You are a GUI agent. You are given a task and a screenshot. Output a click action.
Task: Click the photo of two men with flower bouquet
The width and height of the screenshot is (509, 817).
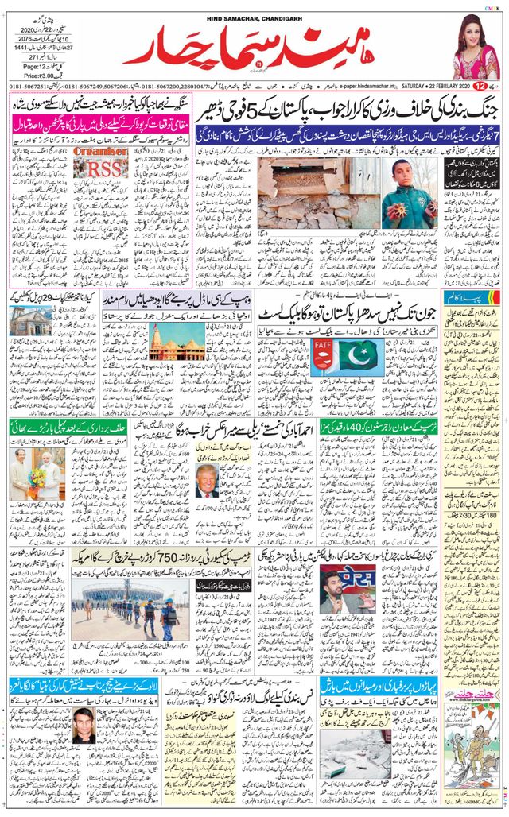[34, 473]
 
